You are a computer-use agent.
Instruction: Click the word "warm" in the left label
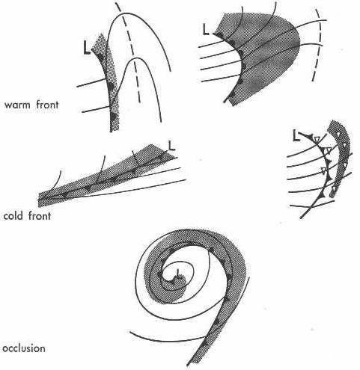tap(17, 105)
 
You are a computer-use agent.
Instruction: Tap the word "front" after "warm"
tap(47, 105)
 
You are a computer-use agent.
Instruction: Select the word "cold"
tap(13, 215)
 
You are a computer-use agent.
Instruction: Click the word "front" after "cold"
tap(39, 215)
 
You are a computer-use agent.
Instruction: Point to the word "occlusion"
tap(24, 348)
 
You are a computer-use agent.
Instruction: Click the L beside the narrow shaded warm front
tap(87, 49)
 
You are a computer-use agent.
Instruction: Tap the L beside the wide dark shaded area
tap(206, 29)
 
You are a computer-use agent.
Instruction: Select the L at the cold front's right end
tap(171, 146)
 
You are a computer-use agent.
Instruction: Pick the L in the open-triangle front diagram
tap(296, 137)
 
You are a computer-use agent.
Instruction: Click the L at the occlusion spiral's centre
tap(177, 273)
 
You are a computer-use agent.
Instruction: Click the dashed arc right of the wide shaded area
tap(317, 46)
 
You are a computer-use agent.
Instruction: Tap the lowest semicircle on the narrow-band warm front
tap(114, 116)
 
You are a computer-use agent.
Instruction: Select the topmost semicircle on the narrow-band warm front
tap(100, 58)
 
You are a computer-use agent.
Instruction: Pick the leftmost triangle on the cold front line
tap(65, 195)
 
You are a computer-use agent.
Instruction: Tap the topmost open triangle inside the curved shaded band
tap(338, 135)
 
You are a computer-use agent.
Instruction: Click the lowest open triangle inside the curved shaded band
tap(333, 188)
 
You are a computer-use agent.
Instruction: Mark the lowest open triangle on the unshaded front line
tap(323, 170)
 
